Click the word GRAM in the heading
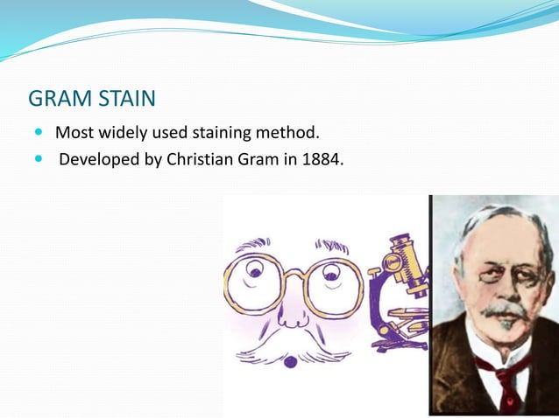[x=60, y=98]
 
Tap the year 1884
[x=314, y=161]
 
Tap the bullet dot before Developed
[x=39, y=162]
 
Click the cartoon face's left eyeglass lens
[x=254, y=282]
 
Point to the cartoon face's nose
[x=293, y=310]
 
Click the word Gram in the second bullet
[x=253, y=161]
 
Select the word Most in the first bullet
[x=74, y=134]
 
